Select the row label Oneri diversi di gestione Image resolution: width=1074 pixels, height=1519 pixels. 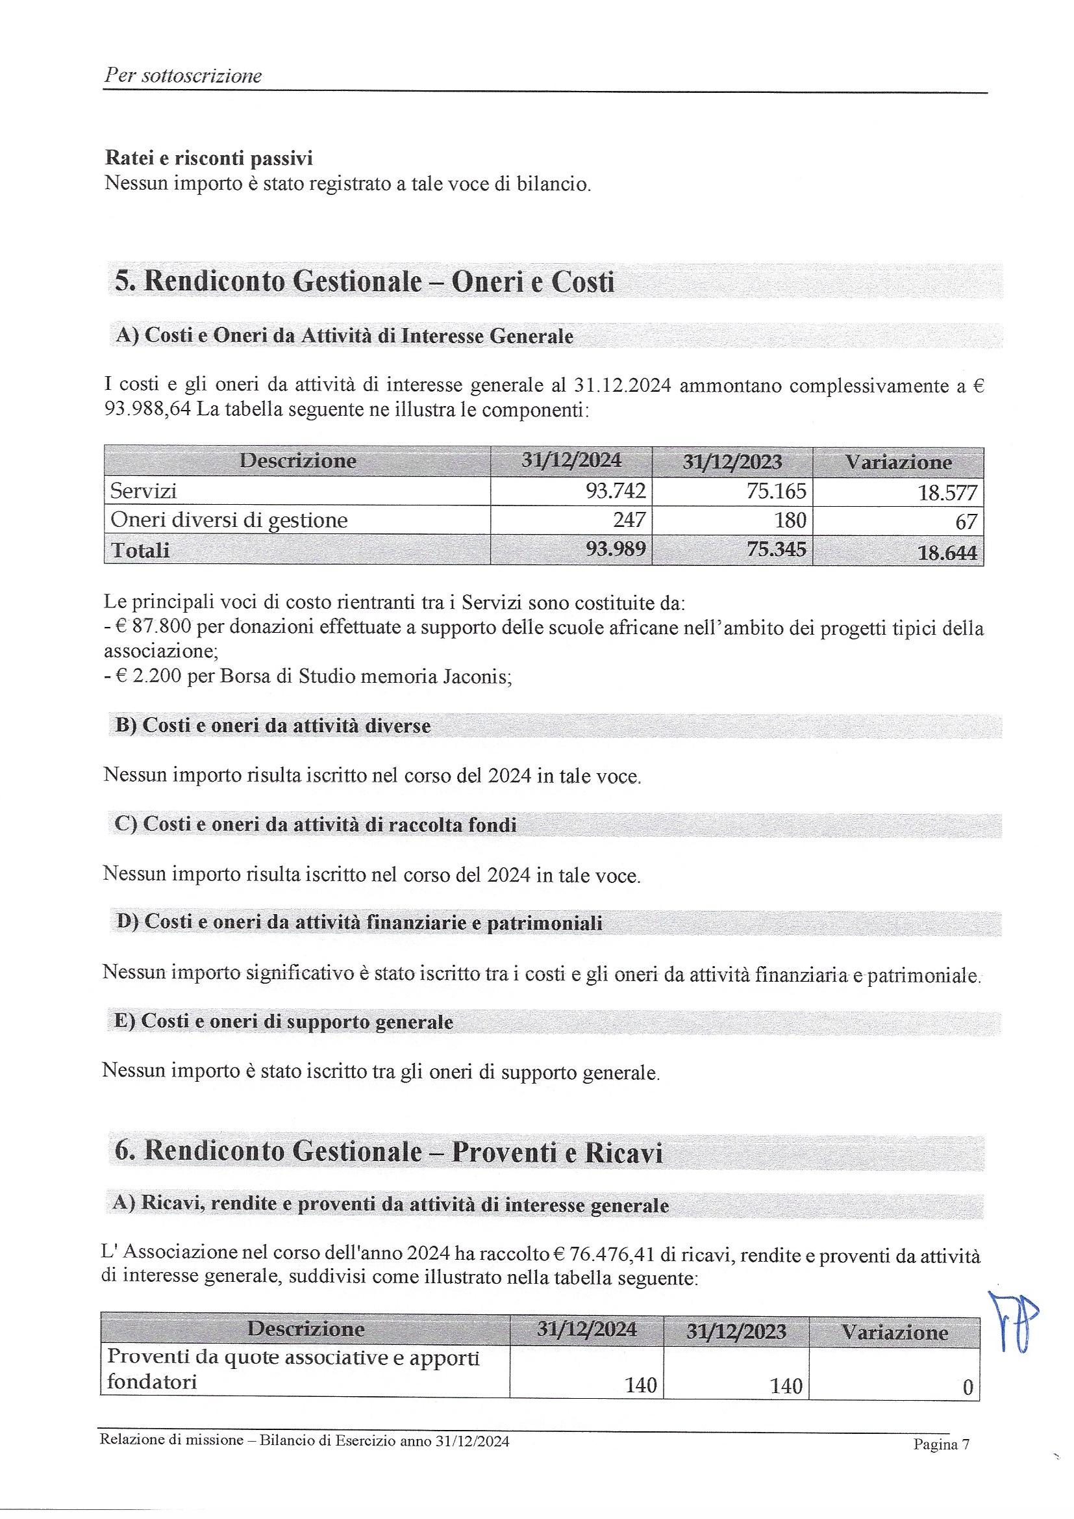click(229, 520)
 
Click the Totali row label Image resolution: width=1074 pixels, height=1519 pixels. click(140, 550)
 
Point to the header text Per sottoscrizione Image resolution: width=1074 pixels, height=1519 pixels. click(183, 76)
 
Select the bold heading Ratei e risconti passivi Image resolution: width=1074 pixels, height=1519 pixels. click(209, 159)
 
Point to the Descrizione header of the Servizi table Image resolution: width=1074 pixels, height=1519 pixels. click(297, 461)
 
